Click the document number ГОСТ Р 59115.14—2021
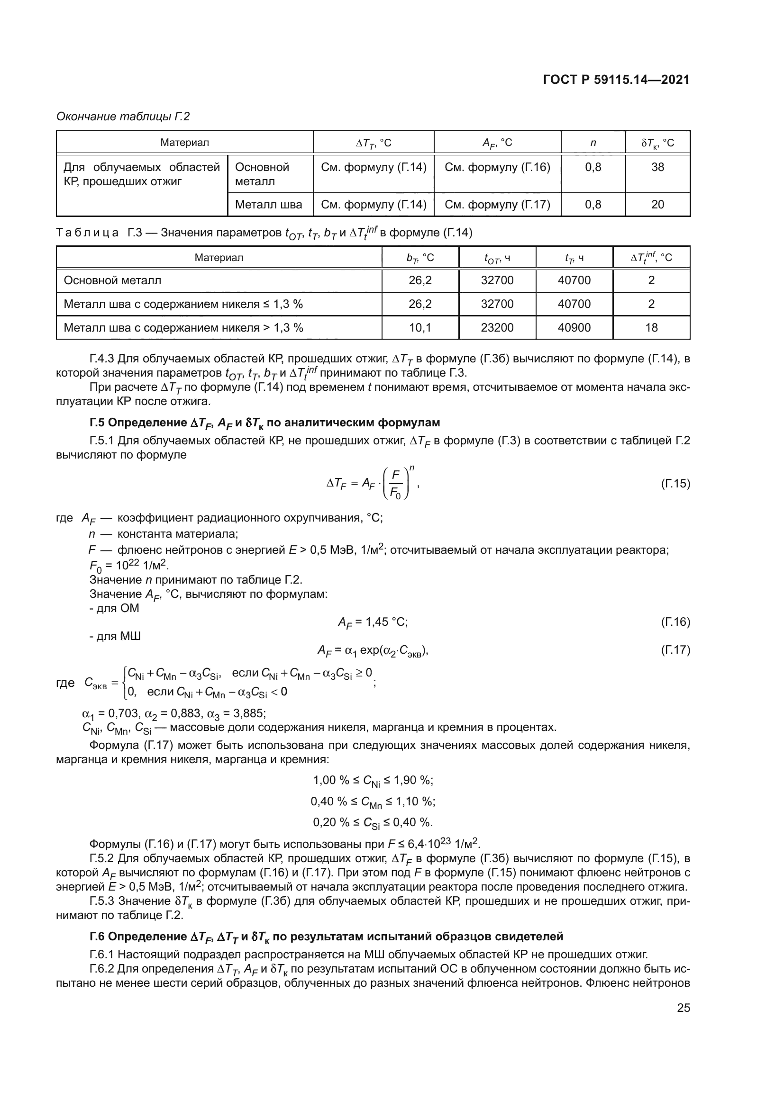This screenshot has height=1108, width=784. (616, 80)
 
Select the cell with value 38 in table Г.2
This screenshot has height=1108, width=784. (657, 167)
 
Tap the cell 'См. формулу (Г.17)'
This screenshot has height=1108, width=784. (497, 205)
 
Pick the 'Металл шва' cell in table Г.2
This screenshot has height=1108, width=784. (268, 205)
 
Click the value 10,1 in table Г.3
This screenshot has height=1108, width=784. (419, 328)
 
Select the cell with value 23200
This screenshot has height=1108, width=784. (497, 328)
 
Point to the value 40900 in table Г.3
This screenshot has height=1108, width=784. (574, 328)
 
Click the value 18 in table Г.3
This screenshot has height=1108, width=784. (651, 328)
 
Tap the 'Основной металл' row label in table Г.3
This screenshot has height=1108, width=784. (112, 280)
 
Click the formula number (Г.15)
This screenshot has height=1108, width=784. (675, 484)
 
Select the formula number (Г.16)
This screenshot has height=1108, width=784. (675, 622)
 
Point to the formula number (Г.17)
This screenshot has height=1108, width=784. (675, 650)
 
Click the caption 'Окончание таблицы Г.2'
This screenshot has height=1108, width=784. (123, 117)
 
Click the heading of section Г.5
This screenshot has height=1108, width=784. (264, 423)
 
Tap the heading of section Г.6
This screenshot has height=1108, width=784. (326, 937)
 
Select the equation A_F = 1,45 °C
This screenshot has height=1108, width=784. (373, 622)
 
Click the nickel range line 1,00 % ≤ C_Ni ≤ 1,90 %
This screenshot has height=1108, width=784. (373, 781)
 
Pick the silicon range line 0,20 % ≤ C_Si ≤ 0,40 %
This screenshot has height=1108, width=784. (373, 822)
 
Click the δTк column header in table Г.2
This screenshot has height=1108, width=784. (657, 143)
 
